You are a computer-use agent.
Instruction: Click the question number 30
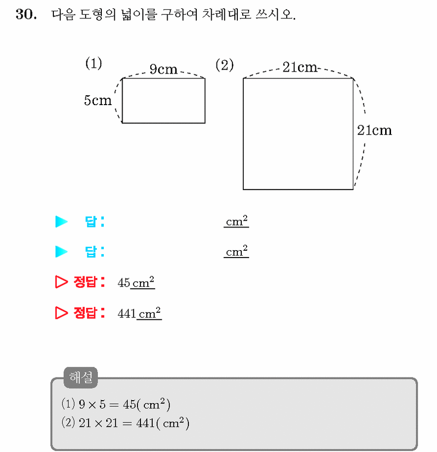point(26,14)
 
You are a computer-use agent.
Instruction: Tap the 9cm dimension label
point(164,69)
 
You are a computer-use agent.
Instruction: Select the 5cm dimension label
point(97,100)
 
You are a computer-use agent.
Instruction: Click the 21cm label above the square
point(300,67)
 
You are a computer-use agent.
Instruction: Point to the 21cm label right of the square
point(374,130)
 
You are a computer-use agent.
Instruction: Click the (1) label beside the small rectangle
point(93,63)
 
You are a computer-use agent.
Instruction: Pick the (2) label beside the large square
point(224,65)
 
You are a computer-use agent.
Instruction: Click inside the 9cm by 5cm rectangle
point(164,101)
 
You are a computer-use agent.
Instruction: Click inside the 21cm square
point(298,134)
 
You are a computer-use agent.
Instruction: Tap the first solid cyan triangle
point(61,222)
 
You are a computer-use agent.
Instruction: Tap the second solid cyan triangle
point(61,251)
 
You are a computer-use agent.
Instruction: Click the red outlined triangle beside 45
point(61,282)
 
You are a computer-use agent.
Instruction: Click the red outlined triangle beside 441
point(61,313)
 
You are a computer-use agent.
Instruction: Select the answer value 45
point(124,283)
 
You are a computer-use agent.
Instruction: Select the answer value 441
point(127,314)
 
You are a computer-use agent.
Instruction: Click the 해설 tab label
point(81,377)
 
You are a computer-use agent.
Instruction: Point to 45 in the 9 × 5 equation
point(129,405)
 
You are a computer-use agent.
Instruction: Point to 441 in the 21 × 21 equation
point(145,423)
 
